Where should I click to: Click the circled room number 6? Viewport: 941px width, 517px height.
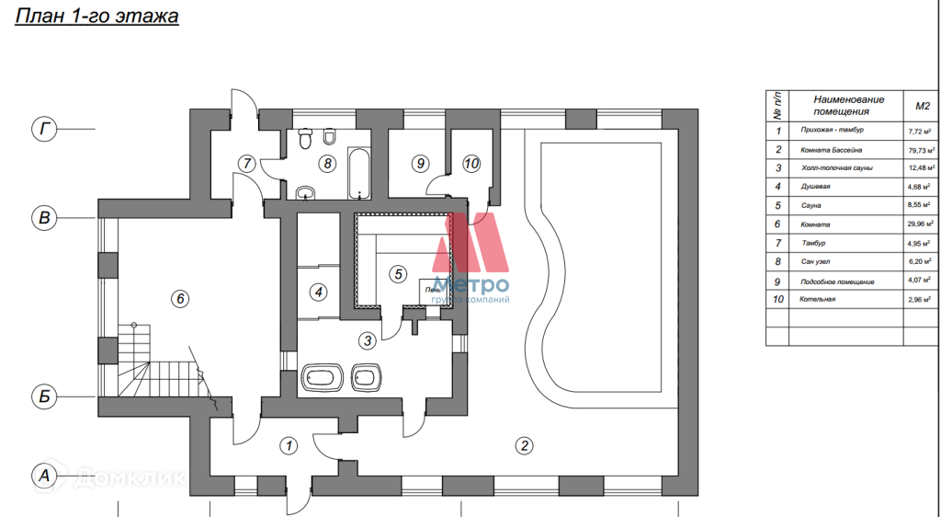click(180, 298)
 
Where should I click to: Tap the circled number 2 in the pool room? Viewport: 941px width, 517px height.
click(524, 446)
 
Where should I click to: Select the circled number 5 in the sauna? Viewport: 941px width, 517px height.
click(398, 273)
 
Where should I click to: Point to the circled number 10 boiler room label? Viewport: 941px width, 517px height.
click(471, 164)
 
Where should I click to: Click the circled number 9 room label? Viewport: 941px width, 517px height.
click(420, 164)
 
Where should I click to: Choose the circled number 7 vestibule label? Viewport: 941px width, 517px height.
click(245, 164)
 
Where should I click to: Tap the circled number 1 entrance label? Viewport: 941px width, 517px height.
click(289, 446)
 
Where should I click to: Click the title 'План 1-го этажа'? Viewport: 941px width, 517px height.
click(96, 17)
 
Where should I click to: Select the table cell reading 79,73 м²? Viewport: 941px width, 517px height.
click(916, 150)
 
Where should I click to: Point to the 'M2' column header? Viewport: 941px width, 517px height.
click(916, 105)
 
